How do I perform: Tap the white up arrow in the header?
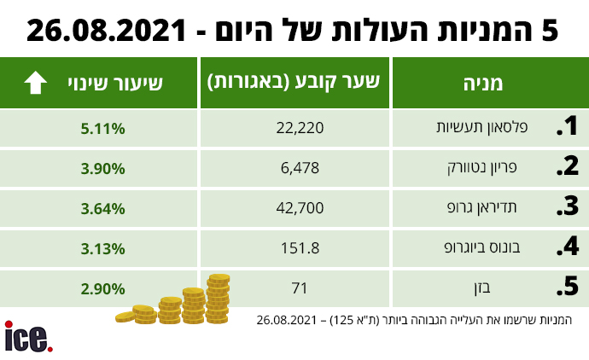[36, 84]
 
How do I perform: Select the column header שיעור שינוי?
[115, 84]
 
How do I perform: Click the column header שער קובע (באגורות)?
[294, 83]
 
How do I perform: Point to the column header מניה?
[483, 84]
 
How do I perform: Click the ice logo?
[27, 337]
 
